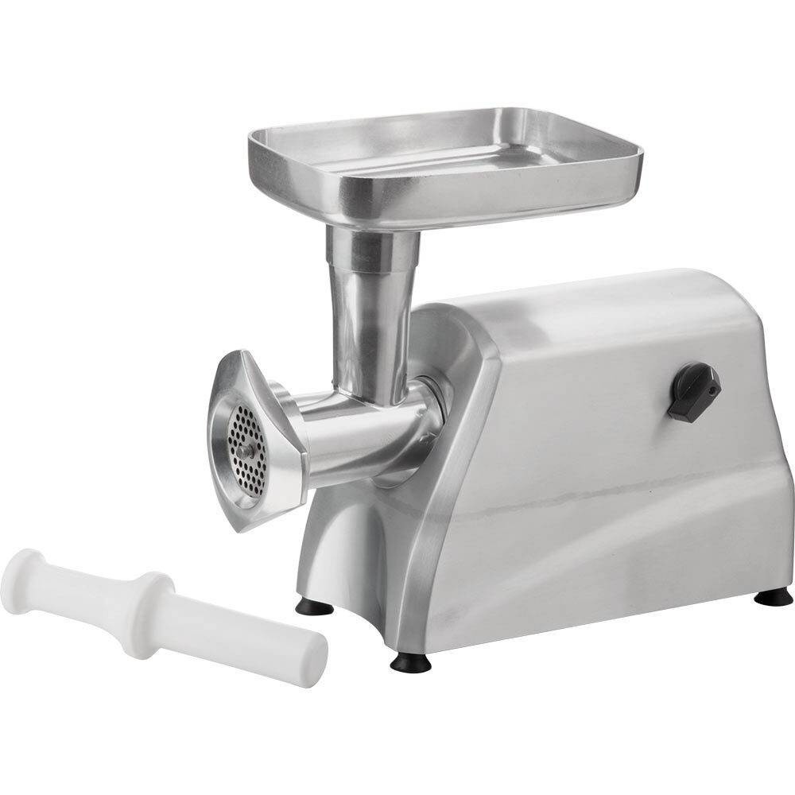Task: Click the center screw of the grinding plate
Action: pos(249,450)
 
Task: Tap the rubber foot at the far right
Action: pos(772,596)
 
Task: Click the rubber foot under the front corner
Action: pos(410,661)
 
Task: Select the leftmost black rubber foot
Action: pos(315,607)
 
